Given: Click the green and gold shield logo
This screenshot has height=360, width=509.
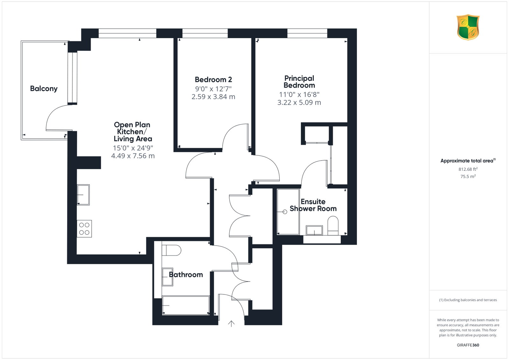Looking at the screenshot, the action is tap(468, 27).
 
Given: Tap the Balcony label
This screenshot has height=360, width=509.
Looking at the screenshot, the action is tap(44, 89).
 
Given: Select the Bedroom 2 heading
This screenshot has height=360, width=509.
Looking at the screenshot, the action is tap(213, 80).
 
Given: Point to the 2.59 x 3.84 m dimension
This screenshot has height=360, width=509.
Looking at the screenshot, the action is tap(213, 97).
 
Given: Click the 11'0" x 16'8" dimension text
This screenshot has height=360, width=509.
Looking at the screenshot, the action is tap(299, 94).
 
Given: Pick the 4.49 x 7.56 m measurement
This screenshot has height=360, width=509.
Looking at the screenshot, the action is tap(133, 156).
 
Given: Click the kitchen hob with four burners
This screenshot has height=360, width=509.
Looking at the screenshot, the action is tap(84, 229).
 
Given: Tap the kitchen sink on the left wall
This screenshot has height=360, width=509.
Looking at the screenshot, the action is tap(83, 195).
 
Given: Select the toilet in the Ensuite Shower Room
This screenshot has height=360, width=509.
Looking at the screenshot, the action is tap(333, 225).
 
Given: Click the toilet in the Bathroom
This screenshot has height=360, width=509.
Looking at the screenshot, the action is tap(171, 250).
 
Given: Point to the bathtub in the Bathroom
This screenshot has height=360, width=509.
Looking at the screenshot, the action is tap(186, 305).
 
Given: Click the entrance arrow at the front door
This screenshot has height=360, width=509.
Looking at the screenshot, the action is tap(231, 324).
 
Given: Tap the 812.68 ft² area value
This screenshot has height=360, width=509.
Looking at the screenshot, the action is tap(468, 169).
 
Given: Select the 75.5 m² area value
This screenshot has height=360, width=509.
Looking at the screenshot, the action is tap(468, 176).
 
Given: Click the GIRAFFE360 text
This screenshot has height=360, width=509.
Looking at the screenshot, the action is tap(468, 345).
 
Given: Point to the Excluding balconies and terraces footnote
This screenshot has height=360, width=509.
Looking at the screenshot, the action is tap(468, 300).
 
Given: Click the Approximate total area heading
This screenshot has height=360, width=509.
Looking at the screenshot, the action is tap(468, 161).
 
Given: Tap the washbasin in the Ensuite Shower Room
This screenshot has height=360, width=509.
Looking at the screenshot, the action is tap(314, 230).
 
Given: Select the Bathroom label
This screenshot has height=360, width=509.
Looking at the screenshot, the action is tap(186, 274).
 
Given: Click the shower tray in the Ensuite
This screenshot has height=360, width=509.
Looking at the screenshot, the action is tap(288, 212).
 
